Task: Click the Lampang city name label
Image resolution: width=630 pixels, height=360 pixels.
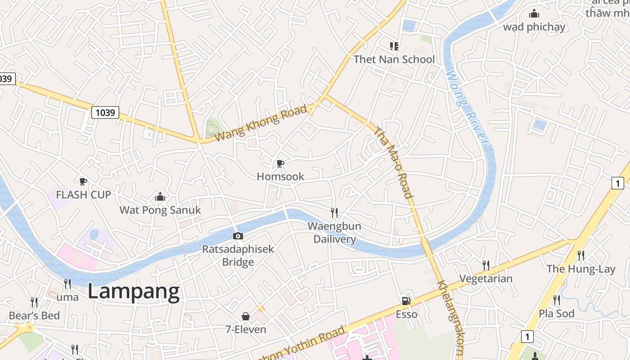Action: [133, 292]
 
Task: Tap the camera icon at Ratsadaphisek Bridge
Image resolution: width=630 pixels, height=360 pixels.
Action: [238, 236]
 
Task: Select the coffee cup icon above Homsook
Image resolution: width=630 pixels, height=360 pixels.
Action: [280, 163]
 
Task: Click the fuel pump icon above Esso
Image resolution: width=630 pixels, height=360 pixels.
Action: [406, 301]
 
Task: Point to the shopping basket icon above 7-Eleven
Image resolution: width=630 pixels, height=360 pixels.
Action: [246, 316]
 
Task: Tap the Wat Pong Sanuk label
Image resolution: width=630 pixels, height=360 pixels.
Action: [160, 210]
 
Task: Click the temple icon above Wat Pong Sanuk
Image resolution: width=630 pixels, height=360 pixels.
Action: [160, 197]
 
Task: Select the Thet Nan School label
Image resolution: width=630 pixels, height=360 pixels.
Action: [394, 59]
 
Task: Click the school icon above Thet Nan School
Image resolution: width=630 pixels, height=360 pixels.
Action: [394, 46]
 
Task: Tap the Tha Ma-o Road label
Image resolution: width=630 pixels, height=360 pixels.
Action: [393, 162]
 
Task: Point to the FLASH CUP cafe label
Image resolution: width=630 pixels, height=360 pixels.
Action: [83, 195]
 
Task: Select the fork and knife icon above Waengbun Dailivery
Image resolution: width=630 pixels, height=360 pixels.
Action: [334, 212]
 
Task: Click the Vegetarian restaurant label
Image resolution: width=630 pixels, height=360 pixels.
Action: [486, 279]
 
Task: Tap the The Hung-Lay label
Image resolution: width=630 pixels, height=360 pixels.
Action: [580, 269]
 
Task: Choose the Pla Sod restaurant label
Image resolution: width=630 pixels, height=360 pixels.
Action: [557, 313]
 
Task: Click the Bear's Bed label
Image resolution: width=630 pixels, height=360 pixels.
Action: [34, 315]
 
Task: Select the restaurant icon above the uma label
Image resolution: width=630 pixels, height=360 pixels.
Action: [67, 283]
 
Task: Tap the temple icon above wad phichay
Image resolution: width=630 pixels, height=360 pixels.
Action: [534, 13]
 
